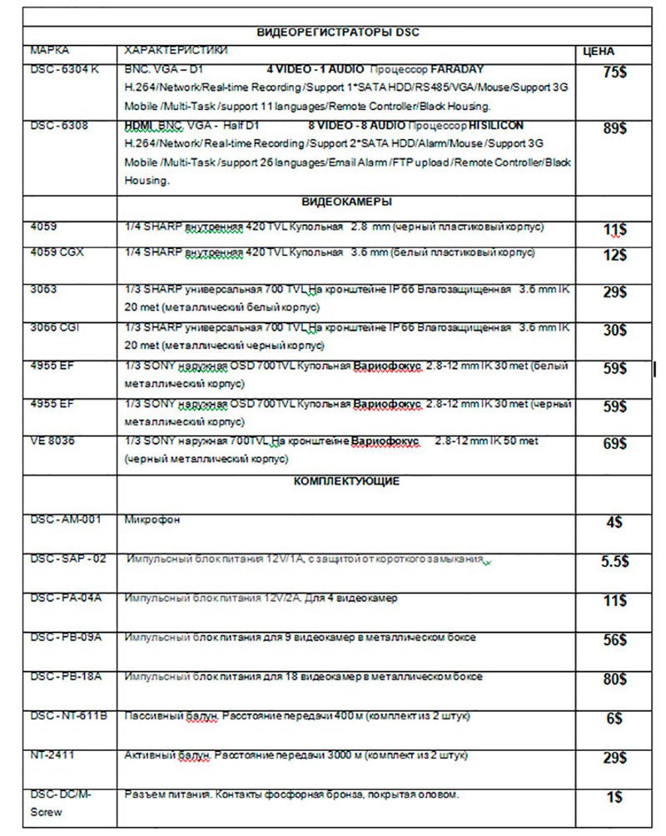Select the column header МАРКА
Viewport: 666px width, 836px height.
[49, 51]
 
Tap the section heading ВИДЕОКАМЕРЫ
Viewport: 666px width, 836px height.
[345, 202]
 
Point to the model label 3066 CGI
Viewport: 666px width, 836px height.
[55, 328]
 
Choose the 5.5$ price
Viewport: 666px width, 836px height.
[614, 561]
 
